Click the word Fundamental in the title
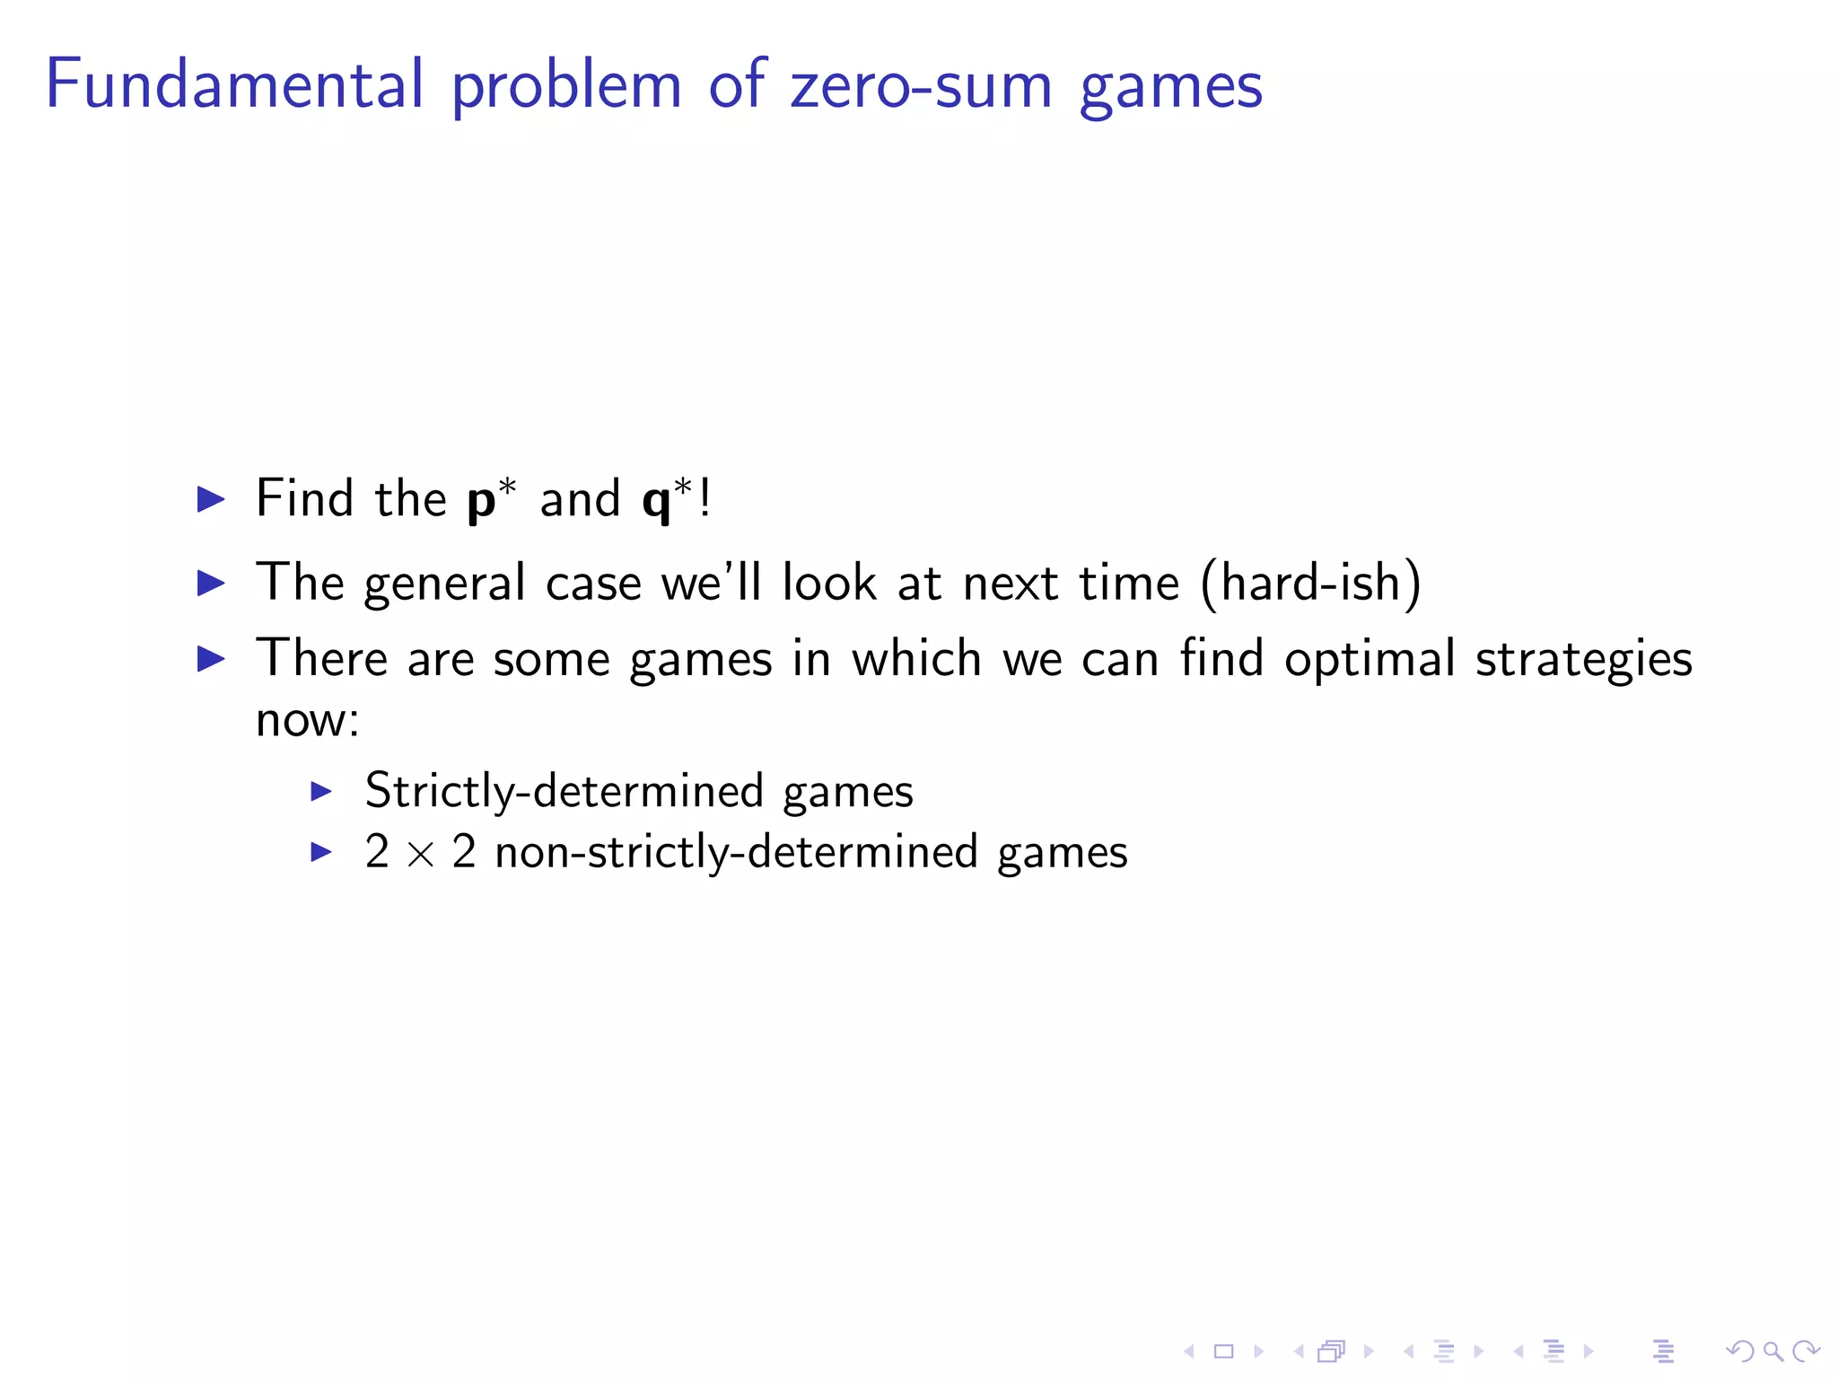click(x=234, y=84)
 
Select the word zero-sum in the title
click(x=921, y=86)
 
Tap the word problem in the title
click(x=566, y=88)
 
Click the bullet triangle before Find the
click(x=211, y=499)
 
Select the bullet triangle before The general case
click(x=211, y=584)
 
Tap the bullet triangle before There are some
click(x=211, y=659)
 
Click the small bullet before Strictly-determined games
click(x=321, y=791)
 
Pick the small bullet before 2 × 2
click(x=321, y=851)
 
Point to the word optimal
click(x=1370, y=660)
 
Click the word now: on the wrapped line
click(x=307, y=720)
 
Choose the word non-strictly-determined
click(x=736, y=852)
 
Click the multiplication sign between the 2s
click(x=420, y=854)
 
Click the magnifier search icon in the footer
click(x=1772, y=1351)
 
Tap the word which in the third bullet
click(x=916, y=659)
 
